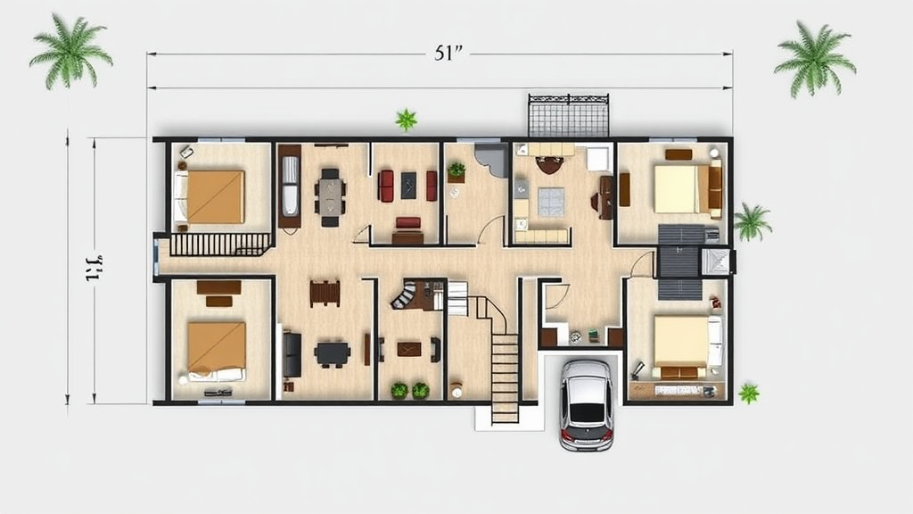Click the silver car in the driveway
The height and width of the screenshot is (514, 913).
[x=587, y=403]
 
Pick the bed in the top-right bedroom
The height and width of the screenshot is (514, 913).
[x=679, y=188]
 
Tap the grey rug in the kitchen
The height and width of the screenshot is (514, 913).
[x=550, y=202]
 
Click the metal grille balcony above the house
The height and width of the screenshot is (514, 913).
[x=568, y=115]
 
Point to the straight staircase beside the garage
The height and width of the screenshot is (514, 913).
[x=505, y=375]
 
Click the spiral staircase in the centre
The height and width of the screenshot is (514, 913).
[x=406, y=294]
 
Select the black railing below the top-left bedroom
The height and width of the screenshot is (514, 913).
[x=220, y=244]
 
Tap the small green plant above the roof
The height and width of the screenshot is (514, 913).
[x=407, y=119]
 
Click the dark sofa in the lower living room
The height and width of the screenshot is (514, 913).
[x=292, y=354]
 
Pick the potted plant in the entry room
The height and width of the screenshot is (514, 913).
[x=456, y=170]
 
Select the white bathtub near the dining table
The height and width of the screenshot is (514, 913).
[x=290, y=186]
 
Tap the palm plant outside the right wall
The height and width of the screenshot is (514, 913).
[x=752, y=221]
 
